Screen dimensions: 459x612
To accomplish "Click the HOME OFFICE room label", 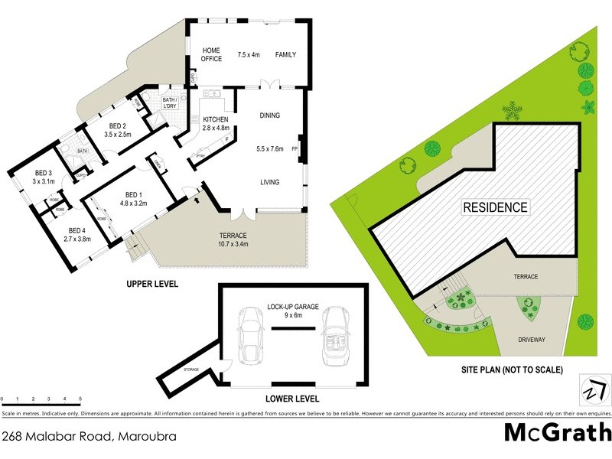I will (x=211, y=54).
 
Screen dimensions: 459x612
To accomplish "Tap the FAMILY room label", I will (x=285, y=54).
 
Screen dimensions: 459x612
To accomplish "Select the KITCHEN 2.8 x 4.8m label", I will (x=216, y=123).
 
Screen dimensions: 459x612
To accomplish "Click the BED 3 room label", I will (x=44, y=177).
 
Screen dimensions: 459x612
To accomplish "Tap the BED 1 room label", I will (x=133, y=198).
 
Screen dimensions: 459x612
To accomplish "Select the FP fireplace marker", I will (x=295, y=149).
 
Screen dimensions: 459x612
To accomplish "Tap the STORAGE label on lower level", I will (x=190, y=369).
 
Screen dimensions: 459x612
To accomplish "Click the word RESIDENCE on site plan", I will (x=495, y=207).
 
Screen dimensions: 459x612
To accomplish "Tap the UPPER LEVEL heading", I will (x=152, y=284).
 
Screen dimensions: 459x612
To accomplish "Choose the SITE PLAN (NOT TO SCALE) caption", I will (x=512, y=370).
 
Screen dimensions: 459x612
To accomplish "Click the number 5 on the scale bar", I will (x=80, y=399).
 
